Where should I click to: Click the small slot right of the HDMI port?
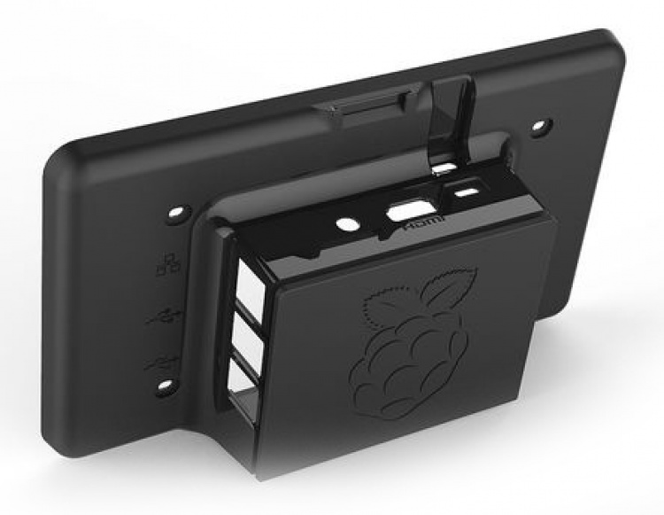[465, 191]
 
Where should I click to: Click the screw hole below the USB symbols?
[165, 386]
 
